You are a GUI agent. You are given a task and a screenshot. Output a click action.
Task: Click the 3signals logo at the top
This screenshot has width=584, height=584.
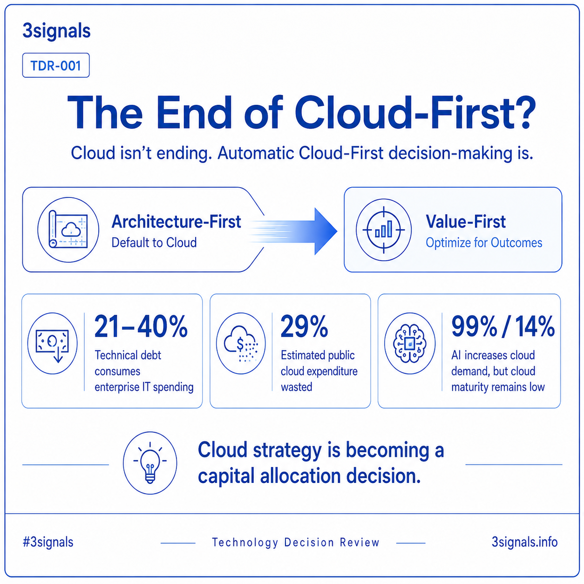[x=57, y=31]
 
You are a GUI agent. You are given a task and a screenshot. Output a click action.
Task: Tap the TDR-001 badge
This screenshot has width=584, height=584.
[x=56, y=65]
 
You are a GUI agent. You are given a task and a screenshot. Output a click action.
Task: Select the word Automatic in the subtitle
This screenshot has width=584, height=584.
[x=256, y=153]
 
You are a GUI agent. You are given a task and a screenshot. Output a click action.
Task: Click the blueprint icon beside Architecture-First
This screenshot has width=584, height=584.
[x=68, y=230]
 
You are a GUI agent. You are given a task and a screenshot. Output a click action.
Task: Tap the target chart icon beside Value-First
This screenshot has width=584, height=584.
[x=384, y=230]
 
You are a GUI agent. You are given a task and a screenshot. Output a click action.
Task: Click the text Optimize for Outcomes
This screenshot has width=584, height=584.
[x=484, y=243]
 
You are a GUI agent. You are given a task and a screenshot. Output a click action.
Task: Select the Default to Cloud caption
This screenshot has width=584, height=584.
[x=154, y=243]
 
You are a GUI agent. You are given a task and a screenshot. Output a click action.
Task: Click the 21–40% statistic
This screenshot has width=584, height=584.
[x=141, y=326]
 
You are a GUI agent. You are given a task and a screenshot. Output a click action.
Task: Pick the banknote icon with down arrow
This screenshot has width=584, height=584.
[x=53, y=343]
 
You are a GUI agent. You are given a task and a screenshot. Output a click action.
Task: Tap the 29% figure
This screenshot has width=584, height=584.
[x=304, y=326]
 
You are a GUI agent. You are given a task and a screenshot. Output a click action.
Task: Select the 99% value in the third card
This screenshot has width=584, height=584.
[x=474, y=326]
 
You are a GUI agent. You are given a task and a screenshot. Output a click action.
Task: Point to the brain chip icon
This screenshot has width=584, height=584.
[x=410, y=343]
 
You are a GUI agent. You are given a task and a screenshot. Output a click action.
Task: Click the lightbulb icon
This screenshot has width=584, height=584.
[x=150, y=463]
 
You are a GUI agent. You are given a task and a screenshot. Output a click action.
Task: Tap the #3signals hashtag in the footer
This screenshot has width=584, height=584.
[x=48, y=542]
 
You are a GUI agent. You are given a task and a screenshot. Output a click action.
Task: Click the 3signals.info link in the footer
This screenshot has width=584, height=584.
[x=524, y=542]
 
